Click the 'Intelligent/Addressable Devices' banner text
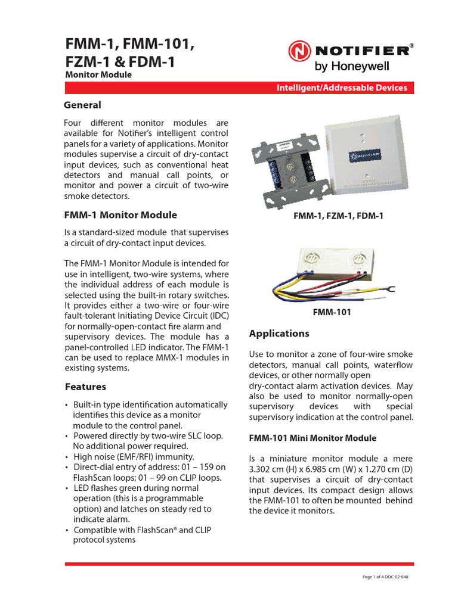(342, 88)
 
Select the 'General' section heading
(82, 105)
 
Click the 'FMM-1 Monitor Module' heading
(120, 215)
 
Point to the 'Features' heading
(85, 387)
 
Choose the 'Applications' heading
(279, 333)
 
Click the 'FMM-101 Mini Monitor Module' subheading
(312, 438)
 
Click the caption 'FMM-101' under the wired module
(332, 312)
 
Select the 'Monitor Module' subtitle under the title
(98, 75)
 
